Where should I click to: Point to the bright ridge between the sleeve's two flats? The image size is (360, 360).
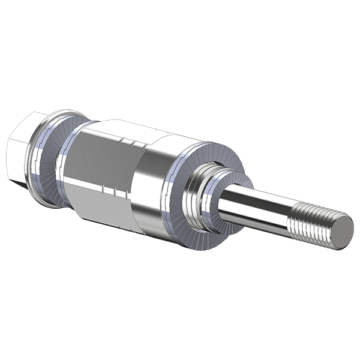click(x=99, y=180)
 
